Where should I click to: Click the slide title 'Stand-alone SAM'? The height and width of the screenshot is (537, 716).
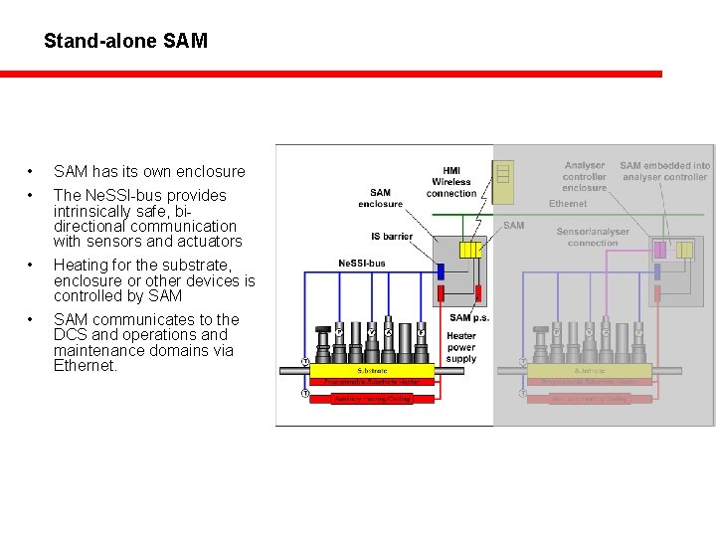click(x=125, y=41)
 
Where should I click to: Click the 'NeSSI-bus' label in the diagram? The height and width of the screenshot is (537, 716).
click(x=362, y=264)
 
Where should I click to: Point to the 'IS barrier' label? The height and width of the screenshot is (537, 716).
click(x=391, y=237)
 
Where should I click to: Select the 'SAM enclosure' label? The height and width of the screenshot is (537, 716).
click(x=380, y=198)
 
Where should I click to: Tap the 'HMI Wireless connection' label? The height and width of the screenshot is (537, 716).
click(x=451, y=182)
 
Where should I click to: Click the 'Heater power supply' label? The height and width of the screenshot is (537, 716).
click(x=461, y=347)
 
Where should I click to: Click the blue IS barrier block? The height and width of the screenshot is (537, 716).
click(x=440, y=270)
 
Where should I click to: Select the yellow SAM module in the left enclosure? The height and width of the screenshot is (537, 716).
click(x=470, y=250)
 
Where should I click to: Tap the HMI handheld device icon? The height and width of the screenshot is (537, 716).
click(x=504, y=175)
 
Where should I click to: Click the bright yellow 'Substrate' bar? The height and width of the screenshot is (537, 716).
click(x=370, y=371)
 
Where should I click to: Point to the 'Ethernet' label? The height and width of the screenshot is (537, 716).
click(x=568, y=204)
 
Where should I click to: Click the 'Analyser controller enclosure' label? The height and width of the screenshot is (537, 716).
click(x=584, y=176)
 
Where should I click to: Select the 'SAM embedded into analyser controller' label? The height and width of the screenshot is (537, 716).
click(x=665, y=171)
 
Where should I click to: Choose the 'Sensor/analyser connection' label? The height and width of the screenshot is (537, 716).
click(x=594, y=237)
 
